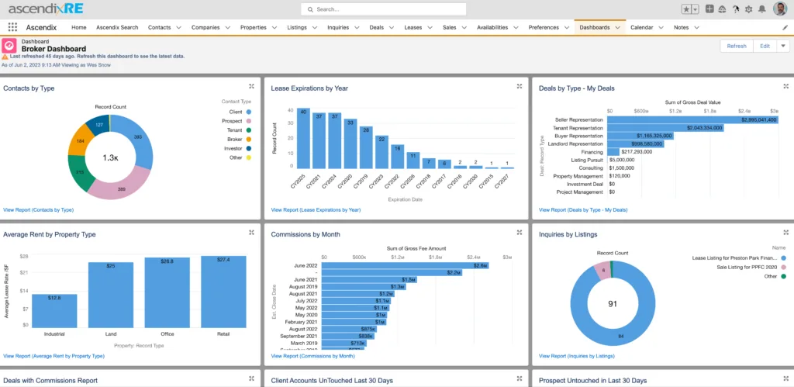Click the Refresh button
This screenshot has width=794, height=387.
737,46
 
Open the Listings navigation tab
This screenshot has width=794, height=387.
298,27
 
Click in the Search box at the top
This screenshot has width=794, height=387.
384,9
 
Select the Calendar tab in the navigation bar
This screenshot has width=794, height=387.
641,27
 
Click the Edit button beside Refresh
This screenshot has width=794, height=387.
765,46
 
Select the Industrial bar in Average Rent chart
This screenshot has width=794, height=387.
54,311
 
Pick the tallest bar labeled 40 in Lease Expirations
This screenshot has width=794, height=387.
303,138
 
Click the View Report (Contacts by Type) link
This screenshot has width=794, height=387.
38,209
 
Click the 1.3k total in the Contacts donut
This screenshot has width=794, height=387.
110,157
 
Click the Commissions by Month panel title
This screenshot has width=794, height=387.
306,234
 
